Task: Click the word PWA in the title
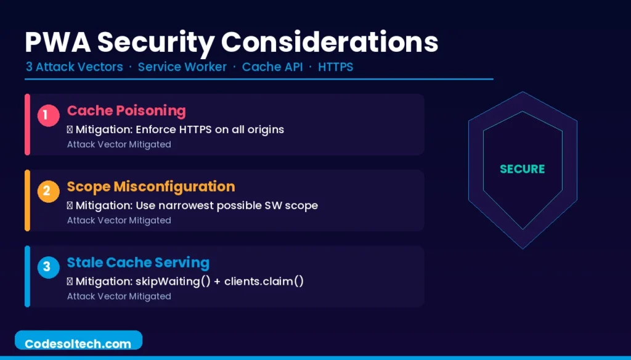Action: pyautogui.click(x=56, y=42)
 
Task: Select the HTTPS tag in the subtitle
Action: pyautogui.click(x=335, y=67)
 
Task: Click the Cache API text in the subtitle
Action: pyautogui.click(x=272, y=67)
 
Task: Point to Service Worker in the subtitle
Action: pyautogui.click(x=182, y=67)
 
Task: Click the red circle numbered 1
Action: pyautogui.click(x=48, y=115)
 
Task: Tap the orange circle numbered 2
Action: pyautogui.click(x=48, y=191)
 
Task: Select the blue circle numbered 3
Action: pyautogui.click(x=48, y=268)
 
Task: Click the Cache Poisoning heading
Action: pyautogui.click(x=126, y=111)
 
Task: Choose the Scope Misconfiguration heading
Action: pyautogui.click(x=151, y=187)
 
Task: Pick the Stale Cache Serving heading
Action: pyautogui.click(x=138, y=263)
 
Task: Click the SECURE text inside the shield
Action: pyautogui.click(x=523, y=169)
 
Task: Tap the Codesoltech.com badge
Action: pyautogui.click(x=78, y=343)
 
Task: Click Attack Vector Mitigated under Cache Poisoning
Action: pyautogui.click(x=119, y=144)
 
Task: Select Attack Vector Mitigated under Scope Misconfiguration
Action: pyautogui.click(x=119, y=220)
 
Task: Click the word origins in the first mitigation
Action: pyautogui.click(x=265, y=129)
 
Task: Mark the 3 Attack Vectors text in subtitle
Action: pyautogui.click(x=74, y=67)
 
